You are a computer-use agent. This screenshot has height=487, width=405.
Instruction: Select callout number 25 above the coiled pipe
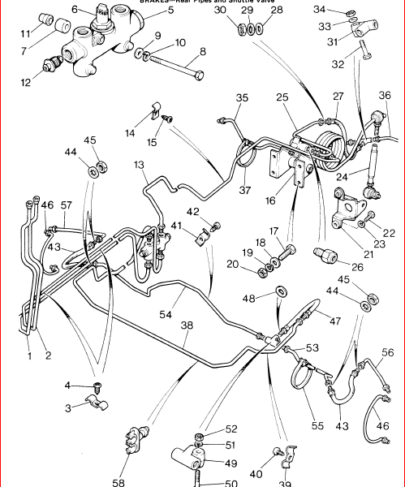282,97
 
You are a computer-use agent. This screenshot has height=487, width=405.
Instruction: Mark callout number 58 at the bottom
118,483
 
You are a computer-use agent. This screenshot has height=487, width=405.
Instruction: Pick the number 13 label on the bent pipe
140,165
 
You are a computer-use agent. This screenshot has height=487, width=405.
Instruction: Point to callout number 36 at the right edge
385,95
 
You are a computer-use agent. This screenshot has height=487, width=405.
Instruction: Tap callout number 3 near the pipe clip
69,407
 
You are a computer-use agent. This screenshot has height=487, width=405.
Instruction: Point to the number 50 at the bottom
231,484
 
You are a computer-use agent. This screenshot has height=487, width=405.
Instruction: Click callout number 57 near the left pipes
66,207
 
